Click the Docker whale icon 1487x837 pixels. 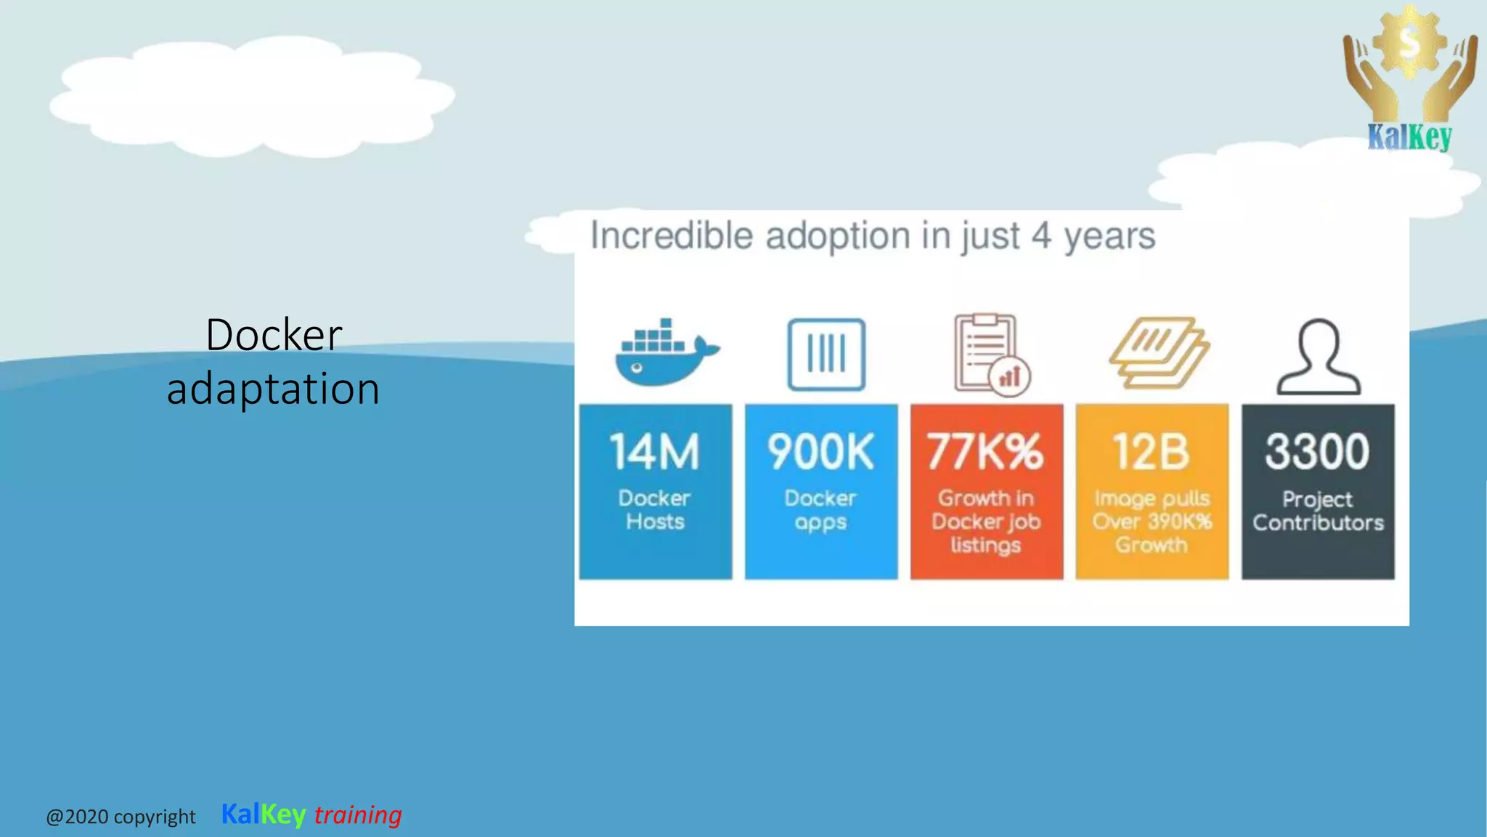pos(664,354)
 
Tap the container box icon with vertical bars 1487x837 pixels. pos(826,355)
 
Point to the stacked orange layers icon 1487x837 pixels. pos(1157,353)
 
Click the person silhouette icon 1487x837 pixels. pos(1319,357)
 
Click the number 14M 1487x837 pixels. pos(655,452)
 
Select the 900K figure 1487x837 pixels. pos(821,452)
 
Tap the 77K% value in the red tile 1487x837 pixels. pos(985,452)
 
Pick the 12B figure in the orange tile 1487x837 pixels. pos(1152,452)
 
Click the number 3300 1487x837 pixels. pos(1317,451)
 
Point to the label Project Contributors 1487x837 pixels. pos(1318,511)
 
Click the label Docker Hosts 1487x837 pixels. pos(655,509)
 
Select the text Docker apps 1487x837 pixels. pos(820,509)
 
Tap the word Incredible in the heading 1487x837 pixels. pos(672,236)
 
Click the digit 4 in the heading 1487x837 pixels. pos(1041,236)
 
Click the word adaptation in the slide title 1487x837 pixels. pos(273,389)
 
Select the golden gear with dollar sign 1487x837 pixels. pos(1409,42)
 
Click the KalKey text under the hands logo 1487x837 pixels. pos(1409,137)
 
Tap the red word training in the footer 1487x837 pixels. pos(358,814)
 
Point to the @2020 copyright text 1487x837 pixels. pos(121,817)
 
